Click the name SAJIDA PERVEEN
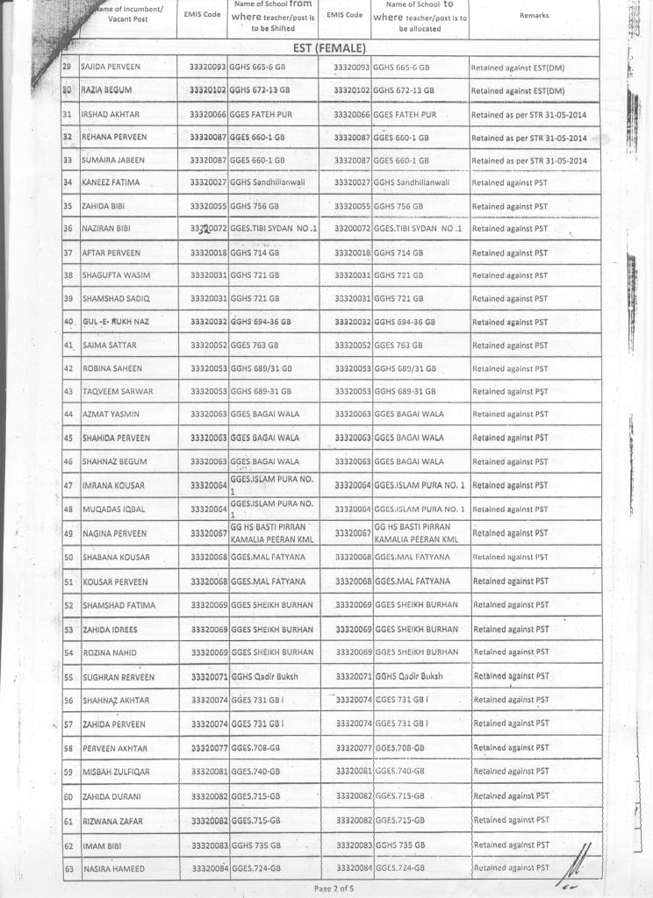point(111,67)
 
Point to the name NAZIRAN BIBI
point(106,228)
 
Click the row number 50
point(68,557)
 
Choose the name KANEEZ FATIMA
point(110,182)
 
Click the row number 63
point(68,868)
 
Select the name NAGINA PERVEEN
point(112,533)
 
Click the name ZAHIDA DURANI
point(111,796)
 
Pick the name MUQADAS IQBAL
point(110,509)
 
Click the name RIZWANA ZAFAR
point(111,822)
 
